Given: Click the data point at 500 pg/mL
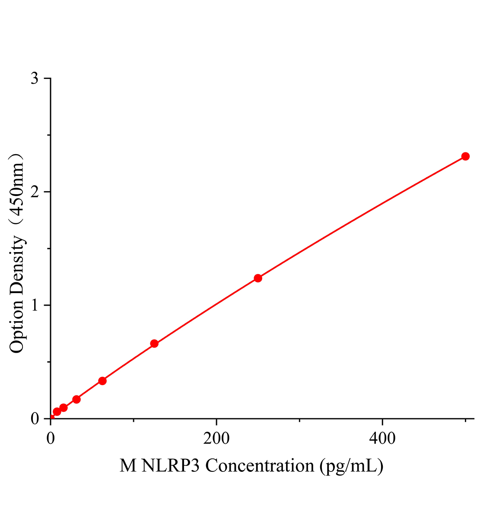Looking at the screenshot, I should click(465, 156).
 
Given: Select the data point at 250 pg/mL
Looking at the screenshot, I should click(258, 278).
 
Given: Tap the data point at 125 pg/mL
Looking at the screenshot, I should click(154, 344).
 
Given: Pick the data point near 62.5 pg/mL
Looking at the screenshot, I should click(102, 381).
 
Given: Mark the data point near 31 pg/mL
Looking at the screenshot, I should click(76, 399).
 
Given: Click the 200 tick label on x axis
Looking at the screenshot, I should click(216, 439).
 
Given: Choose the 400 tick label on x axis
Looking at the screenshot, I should click(382, 439).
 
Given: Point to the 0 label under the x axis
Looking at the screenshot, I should click(51, 439).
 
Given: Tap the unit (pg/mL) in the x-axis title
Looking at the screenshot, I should click(351, 466).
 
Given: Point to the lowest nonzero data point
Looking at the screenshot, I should click(57, 412).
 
